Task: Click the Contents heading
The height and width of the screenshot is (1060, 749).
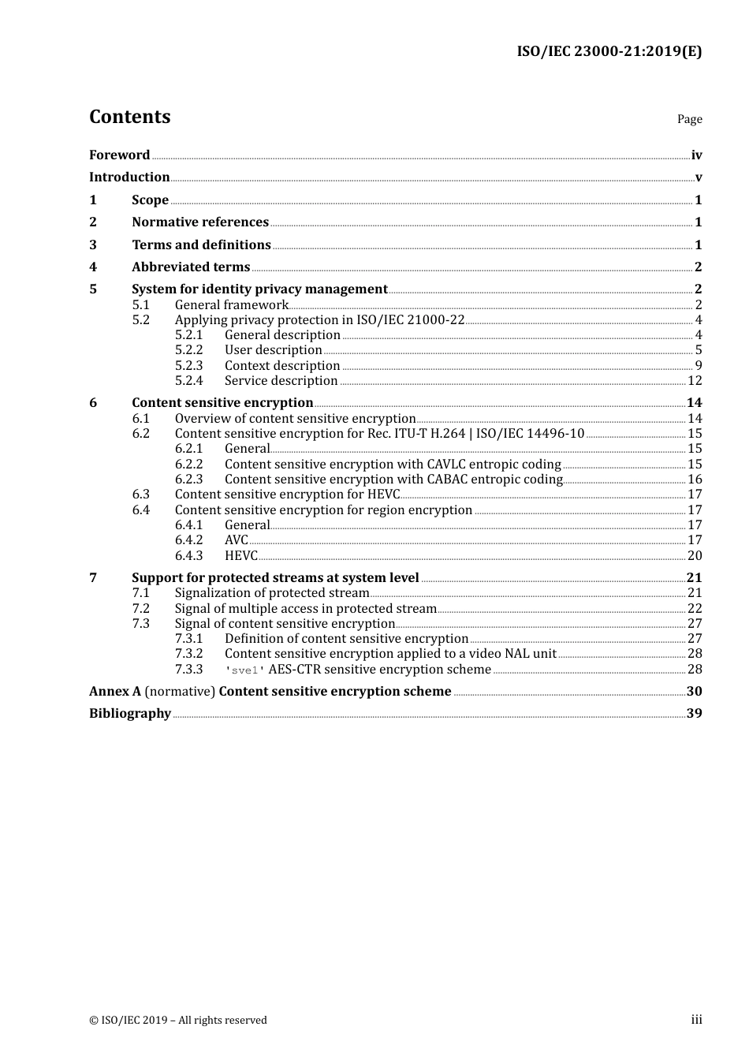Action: (x=129, y=117)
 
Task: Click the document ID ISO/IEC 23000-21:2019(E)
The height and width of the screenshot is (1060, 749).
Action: (x=609, y=52)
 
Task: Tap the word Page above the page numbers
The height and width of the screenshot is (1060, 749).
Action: (x=689, y=119)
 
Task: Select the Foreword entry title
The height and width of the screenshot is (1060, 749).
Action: (x=119, y=155)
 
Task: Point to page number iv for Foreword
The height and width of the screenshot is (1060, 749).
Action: (x=696, y=155)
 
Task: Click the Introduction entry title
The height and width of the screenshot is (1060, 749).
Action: (x=129, y=177)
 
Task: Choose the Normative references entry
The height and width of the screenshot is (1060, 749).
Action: (x=200, y=222)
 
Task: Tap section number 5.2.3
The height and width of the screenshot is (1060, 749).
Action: (x=188, y=366)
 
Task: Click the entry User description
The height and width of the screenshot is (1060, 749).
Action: (x=273, y=350)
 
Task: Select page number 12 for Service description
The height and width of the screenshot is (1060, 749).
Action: (x=695, y=381)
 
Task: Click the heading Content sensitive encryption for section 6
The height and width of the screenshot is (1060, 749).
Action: (x=222, y=403)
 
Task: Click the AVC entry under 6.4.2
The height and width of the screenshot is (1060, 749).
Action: (x=236, y=540)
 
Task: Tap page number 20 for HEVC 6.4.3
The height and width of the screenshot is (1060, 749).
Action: (x=695, y=556)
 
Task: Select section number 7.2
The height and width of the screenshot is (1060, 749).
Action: (x=140, y=609)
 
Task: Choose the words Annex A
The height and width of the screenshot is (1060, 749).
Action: (x=115, y=692)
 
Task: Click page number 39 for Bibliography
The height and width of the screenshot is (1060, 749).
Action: (x=694, y=714)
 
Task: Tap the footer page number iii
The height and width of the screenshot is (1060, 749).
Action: (x=696, y=1020)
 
